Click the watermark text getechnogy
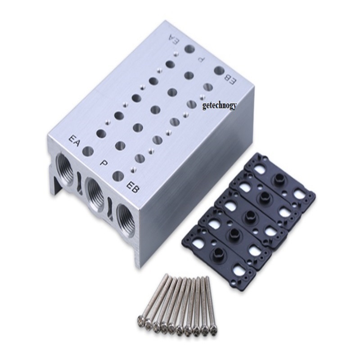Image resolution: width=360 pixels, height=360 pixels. [x=219, y=105]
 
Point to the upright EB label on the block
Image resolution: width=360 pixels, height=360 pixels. [x=133, y=185]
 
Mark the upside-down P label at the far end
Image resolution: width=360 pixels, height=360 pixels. [x=202, y=59]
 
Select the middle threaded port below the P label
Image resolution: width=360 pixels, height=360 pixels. [x=95, y=195]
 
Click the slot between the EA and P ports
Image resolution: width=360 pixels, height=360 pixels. [x=80, y=182]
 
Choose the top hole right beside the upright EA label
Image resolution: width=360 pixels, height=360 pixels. [x=88, y=151]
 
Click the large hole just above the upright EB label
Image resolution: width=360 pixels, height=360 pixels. [x=118, y=175]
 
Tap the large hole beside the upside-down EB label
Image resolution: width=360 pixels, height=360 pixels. [x=219, y=71]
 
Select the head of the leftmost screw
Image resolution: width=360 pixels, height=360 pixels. [x=140, y=321]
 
